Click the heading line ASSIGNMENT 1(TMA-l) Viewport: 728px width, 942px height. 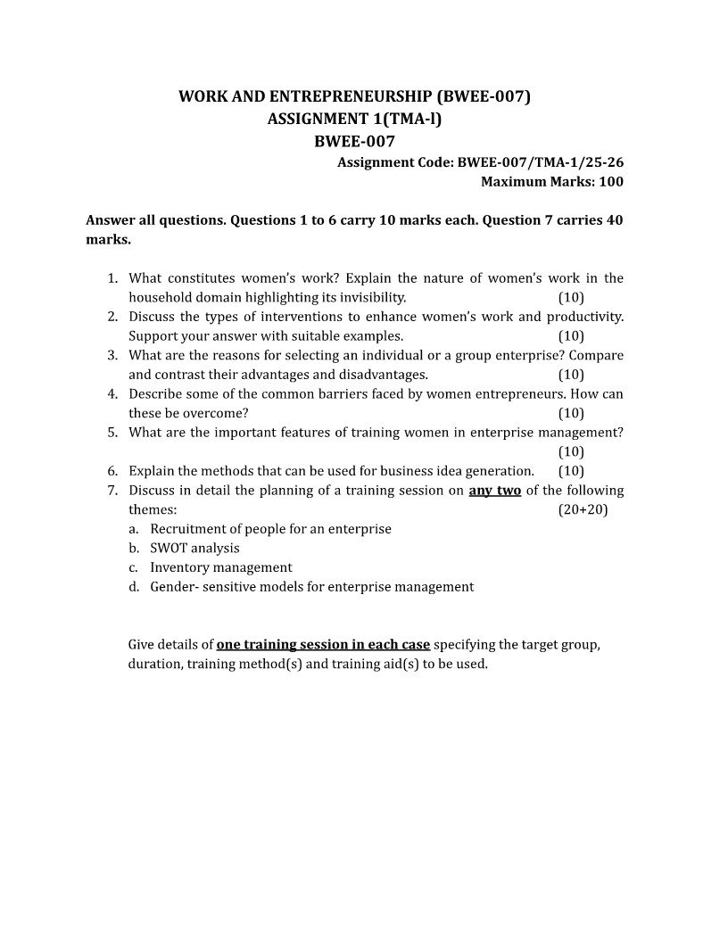coord(355,119)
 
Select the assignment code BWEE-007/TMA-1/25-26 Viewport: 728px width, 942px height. coord(540,162)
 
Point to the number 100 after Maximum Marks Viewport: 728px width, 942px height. coord(611,182)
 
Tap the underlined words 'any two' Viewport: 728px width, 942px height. coord(495,491)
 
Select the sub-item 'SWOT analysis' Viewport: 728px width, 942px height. coord(194,549)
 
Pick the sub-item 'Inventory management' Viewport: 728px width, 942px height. coord(221,567)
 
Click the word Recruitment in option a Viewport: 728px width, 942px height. coord(187,529)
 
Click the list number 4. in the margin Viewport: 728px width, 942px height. coord(113,394)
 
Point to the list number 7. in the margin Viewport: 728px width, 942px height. coord(113,491)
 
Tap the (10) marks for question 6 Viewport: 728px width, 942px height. coord(571,471)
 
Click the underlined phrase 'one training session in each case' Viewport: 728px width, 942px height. coord(323,645)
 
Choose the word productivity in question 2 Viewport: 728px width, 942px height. coord(584,318)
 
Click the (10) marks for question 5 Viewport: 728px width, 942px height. coord(571,451)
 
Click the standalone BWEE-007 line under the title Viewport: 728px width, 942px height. coord(355,141)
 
